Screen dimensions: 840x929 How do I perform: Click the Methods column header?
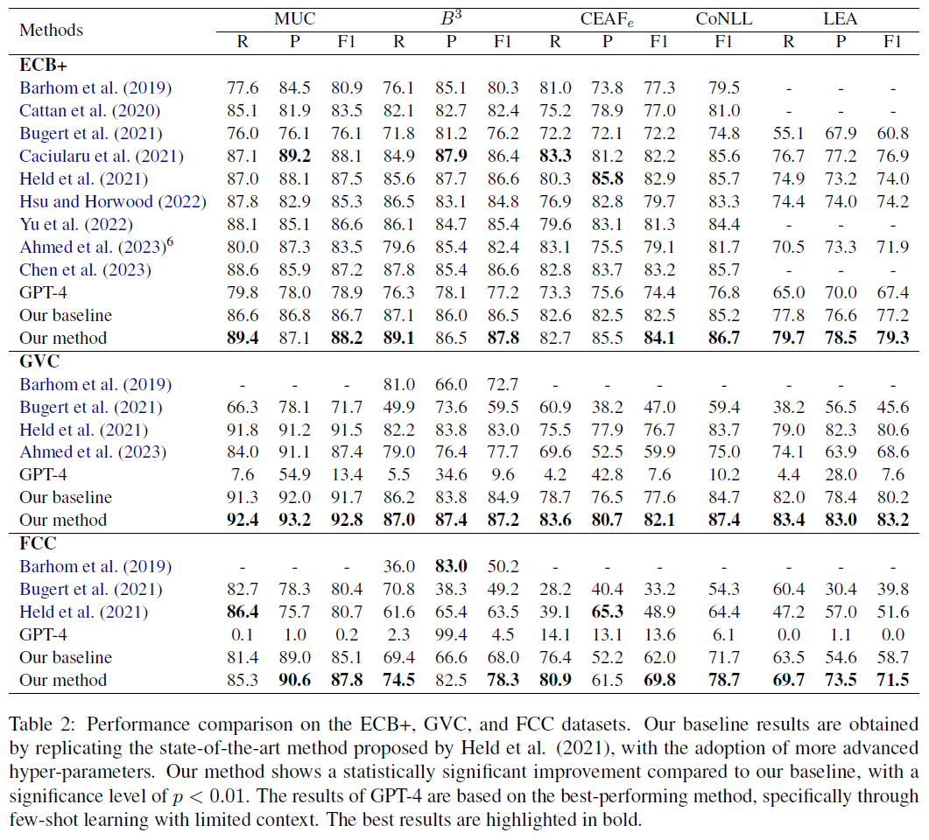tap(51, 30)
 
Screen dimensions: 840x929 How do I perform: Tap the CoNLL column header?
tap(722, 17)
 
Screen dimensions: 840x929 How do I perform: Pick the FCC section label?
tap(38, 543)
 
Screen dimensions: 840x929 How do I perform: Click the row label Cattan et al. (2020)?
tap(90, 110)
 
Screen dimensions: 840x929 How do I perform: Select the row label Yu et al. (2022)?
tap(77, 224)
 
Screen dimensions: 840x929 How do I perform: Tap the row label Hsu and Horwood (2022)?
tap(113, 201)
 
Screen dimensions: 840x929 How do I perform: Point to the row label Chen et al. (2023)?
tap(85, 269)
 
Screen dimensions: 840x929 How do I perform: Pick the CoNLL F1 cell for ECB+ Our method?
tap(722, 338)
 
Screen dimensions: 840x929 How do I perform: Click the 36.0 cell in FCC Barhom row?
tap(399, 566)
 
